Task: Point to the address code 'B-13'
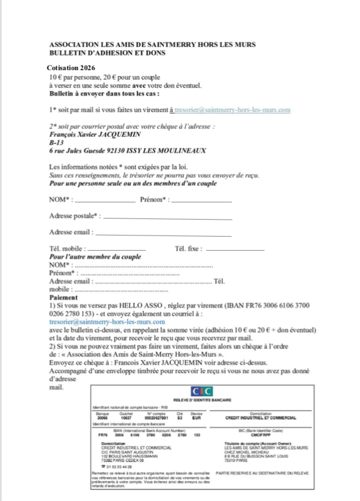tap(58, 143)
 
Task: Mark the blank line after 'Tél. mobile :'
tap(117, 250)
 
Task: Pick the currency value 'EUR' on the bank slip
tap(196, 417)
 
